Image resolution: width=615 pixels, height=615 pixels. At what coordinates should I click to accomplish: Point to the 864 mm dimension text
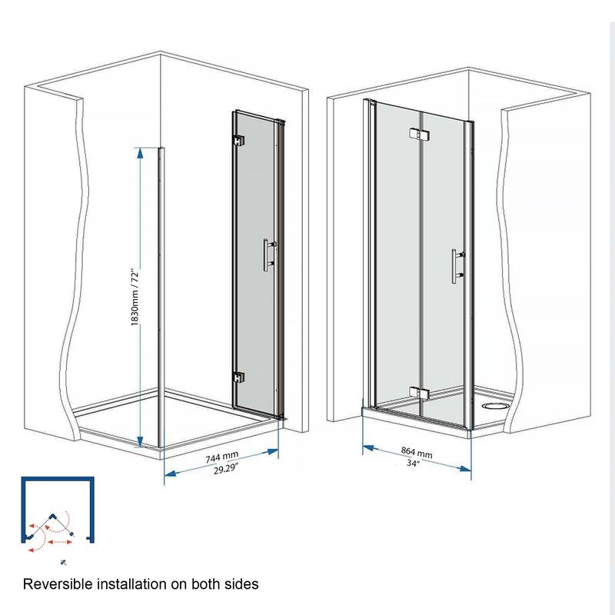[417, 454]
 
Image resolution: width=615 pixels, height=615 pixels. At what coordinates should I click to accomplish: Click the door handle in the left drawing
[266, 254]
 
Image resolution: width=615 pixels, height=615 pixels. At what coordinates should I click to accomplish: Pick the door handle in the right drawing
[455, 265]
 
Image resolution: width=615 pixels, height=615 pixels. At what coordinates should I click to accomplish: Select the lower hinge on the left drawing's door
[238, 378]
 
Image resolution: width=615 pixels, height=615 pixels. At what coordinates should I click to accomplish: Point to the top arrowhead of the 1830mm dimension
[140, 153]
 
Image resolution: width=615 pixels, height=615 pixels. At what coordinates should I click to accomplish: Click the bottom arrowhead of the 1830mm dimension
[139, 440]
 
